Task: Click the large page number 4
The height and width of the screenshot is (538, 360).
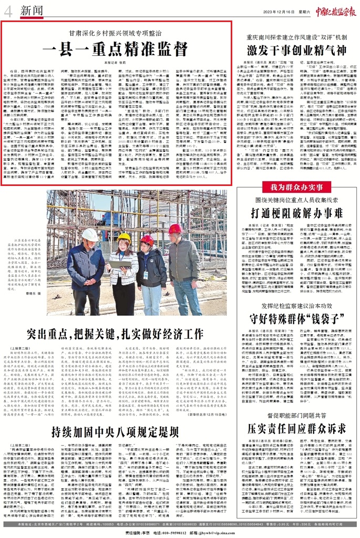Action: point(7,11)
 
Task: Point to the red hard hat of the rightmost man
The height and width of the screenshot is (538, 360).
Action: point(175,229)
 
